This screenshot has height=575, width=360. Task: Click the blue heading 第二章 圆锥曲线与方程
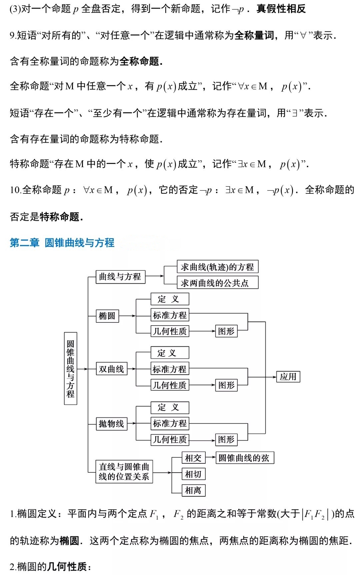tap(62, 242)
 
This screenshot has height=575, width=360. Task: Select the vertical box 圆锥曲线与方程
tap(70, 368)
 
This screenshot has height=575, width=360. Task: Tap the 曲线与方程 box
tap(120, 277)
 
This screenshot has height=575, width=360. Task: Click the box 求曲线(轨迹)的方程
tap(217, 267)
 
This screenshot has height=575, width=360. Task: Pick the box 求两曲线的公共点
tap(217, 283)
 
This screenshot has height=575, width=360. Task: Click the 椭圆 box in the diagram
tap(107, 315)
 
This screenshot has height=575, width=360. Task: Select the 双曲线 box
tap(112, 369)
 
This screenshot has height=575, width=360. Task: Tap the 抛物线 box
tap(112, 424)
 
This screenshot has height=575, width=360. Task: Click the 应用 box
tap(288, 377)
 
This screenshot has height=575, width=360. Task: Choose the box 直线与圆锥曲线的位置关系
tap(124, 472)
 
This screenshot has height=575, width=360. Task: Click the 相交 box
tap(193, 458)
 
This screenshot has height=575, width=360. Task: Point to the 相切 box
tap(193, 474)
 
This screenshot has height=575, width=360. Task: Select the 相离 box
tap(193, 490)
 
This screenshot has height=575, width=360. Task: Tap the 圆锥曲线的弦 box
tap(245, 458)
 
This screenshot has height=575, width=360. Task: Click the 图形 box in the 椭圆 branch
tap(226, 331)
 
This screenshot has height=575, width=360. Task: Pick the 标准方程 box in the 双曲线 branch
tap(170, 369)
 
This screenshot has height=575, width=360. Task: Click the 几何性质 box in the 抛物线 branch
tap(170, 439)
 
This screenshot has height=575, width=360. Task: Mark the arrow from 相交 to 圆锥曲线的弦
tap(211, 458)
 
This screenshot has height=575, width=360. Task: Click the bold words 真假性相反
tap(281, 9)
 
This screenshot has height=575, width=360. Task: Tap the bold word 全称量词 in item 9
tap(254, 35)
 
